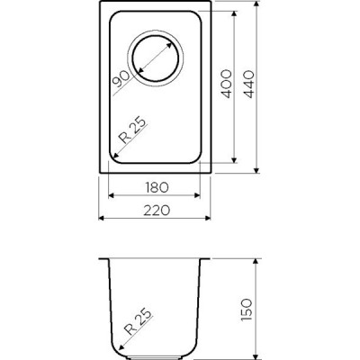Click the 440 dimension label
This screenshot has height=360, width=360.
click(248, 85)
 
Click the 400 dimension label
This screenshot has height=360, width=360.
click(227, 84)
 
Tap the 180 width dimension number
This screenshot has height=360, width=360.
click(157, 187)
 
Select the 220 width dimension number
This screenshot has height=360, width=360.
click(157, 211)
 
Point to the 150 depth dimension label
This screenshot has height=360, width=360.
click(247, 310)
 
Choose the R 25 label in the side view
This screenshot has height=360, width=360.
click(139, 321)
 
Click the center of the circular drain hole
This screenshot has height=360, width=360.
click(156, 58)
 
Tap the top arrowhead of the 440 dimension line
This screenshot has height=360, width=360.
click(256, 4)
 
